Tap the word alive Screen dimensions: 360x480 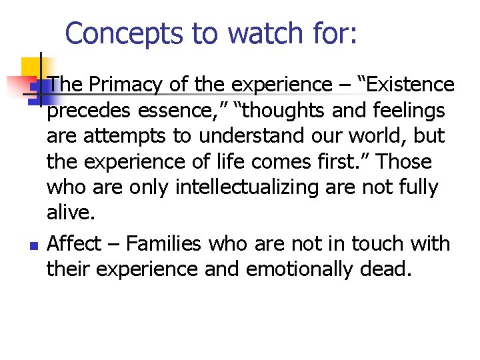point(71,213)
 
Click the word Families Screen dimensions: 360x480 point(163,244)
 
